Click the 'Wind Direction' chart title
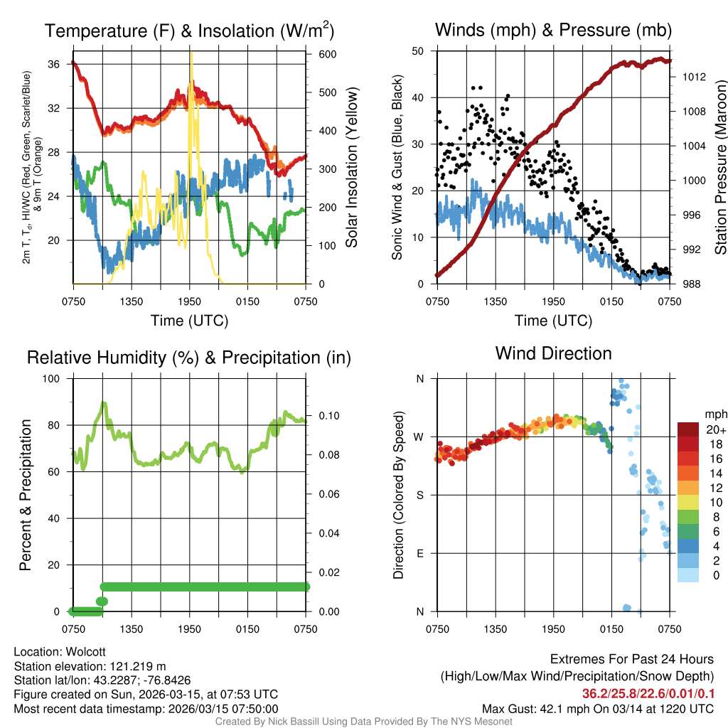[553, 353]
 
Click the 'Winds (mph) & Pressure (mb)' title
[553, 30]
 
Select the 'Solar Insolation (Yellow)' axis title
[352, 167]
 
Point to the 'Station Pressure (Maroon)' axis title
[720, 167]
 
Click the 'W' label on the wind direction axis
[419, 437]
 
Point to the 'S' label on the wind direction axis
[419, 496]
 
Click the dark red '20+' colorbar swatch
[688, 429]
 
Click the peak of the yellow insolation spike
[191, 53]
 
